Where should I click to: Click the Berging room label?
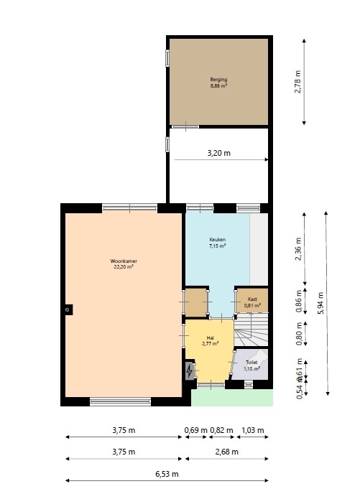(218, 79)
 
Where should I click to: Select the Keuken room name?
(217, 240)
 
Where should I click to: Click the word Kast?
(251, 299)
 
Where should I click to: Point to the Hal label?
(210, 338)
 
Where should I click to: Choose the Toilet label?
(251, 363)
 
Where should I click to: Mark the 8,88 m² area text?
(218, 85)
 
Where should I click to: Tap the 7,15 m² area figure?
(217, 246)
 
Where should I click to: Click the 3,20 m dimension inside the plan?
(218, 153)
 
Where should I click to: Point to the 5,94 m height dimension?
(320, 302)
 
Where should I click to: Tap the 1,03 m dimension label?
(251, 430)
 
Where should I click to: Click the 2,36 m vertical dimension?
(298, 248)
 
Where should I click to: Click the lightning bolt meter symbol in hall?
(190, 371)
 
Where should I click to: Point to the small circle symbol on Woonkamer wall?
(67, 309)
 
